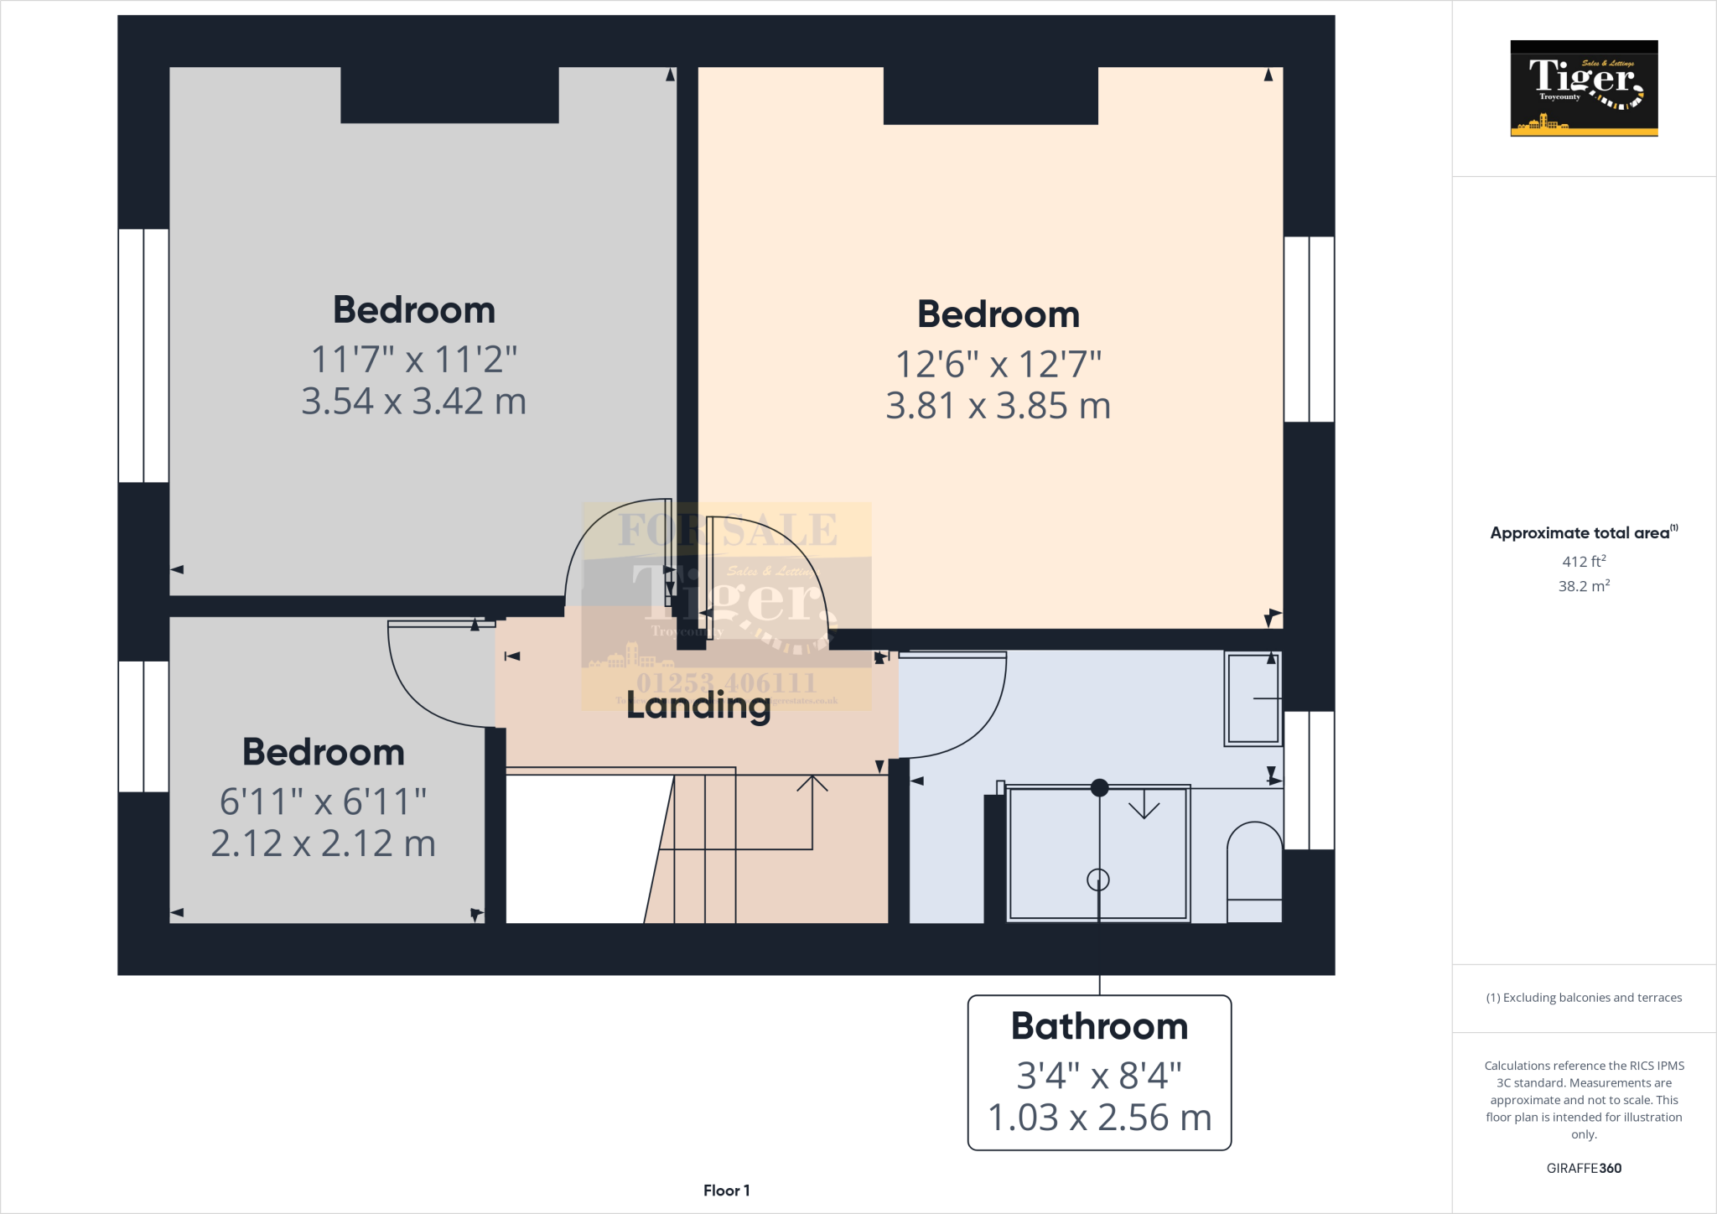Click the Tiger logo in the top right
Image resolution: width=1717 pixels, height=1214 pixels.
click(x=1584, y=88)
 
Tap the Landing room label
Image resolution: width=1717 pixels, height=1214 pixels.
click(x=698, y=705)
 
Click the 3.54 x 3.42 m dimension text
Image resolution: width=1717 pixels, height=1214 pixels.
click(x=413, y=402)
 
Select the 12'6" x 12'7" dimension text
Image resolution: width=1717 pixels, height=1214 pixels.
click(x=998, y=364)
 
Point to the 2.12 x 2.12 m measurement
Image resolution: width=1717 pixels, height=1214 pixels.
click(x=323, y=843)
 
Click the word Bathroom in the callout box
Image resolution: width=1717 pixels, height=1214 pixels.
click(x=1099, y=1026)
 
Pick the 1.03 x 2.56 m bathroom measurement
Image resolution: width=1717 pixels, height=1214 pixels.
click(x=1099, y=1118)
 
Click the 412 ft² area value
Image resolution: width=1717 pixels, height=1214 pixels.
click(x=1583, y=562)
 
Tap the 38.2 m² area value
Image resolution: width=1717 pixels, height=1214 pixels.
click(x=1583, y=586)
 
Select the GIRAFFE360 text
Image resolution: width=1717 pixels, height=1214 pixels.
click(x=1583, y=1168)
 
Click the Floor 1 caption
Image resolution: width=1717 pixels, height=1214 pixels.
click(x=726, y=1191)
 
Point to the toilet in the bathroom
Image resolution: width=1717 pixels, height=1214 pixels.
click(x=1254, y=872)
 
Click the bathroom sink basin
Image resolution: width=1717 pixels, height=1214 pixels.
click(x=1253, y=698)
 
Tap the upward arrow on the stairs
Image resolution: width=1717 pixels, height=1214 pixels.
click(x=812, y=784)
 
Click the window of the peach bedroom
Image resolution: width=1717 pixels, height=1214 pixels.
click(x=1309, y=329)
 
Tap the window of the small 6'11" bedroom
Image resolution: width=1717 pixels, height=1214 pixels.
click(x=143, y=726)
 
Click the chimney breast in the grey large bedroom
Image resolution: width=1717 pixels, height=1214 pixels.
click(x=449, y=95)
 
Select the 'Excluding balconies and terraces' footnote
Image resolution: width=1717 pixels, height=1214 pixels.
click(x=1583, y=998)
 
